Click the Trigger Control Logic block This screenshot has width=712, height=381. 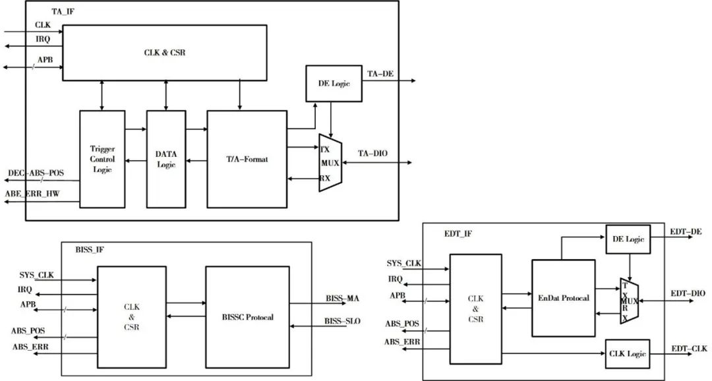[x=102, y=160]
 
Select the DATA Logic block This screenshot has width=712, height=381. [x=165, y=160]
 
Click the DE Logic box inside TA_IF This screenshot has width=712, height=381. [x=334, y=82]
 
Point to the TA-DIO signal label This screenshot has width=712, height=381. [x=372, y=154]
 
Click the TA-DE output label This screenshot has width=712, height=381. [x=380, y=74]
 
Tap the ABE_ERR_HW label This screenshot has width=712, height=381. [x=32, y=194]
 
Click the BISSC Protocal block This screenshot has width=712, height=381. [x=247, y=317]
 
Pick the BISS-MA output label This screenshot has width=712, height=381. [x=342, y=298]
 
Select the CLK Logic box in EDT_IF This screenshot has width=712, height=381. [x=627, y=354]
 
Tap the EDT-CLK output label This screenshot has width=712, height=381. [x=689, y=348]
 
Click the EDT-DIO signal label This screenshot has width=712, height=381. [x=688, y=293]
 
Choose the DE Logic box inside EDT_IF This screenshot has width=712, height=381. [x=628, y=239]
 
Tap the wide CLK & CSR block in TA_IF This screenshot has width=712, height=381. [x=165, y=53]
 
